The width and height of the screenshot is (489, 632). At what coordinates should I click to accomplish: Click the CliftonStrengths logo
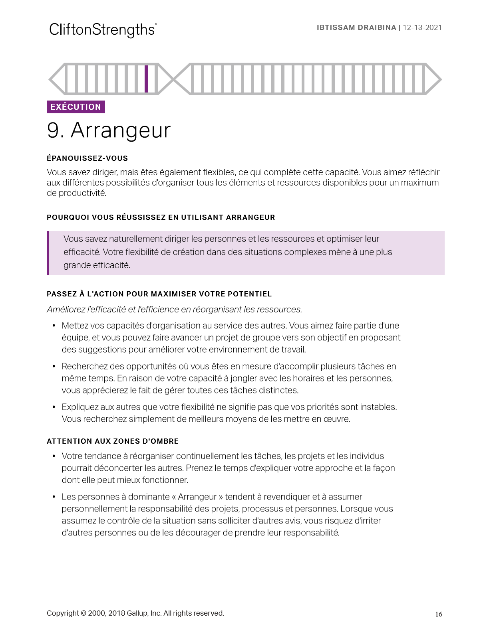point(103,30)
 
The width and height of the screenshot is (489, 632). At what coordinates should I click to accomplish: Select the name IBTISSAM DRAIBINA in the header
point(356,28)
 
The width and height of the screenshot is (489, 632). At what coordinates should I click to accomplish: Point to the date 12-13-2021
point(422,28)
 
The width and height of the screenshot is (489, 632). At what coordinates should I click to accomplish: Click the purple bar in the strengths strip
point(146,79)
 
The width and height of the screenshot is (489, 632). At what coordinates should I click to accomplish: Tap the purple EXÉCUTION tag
point(76,107)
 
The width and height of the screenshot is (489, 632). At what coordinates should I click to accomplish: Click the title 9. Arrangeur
point(109,130)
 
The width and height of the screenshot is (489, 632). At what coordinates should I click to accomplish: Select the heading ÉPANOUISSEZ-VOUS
point(87,158)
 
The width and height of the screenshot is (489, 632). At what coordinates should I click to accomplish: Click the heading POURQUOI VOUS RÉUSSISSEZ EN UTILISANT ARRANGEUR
point(161,217)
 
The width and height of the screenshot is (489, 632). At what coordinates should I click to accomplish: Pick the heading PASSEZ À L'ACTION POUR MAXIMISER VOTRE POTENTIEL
point(159,294)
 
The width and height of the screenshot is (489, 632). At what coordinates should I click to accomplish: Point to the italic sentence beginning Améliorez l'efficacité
point(174,310)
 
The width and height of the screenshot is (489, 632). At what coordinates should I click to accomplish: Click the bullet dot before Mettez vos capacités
point(54,326)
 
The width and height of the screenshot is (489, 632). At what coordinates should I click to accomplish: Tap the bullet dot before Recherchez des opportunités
point(54,367)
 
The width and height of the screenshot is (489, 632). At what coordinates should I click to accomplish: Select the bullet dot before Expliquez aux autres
point(54,407)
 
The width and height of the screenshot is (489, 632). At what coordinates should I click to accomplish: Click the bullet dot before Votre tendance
point(54,456)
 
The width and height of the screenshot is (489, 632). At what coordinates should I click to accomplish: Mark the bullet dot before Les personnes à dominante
point(54,497)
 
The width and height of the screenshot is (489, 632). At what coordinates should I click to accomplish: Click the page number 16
point(439,614)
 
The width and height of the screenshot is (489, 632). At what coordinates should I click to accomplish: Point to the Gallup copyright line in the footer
point(135,613)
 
